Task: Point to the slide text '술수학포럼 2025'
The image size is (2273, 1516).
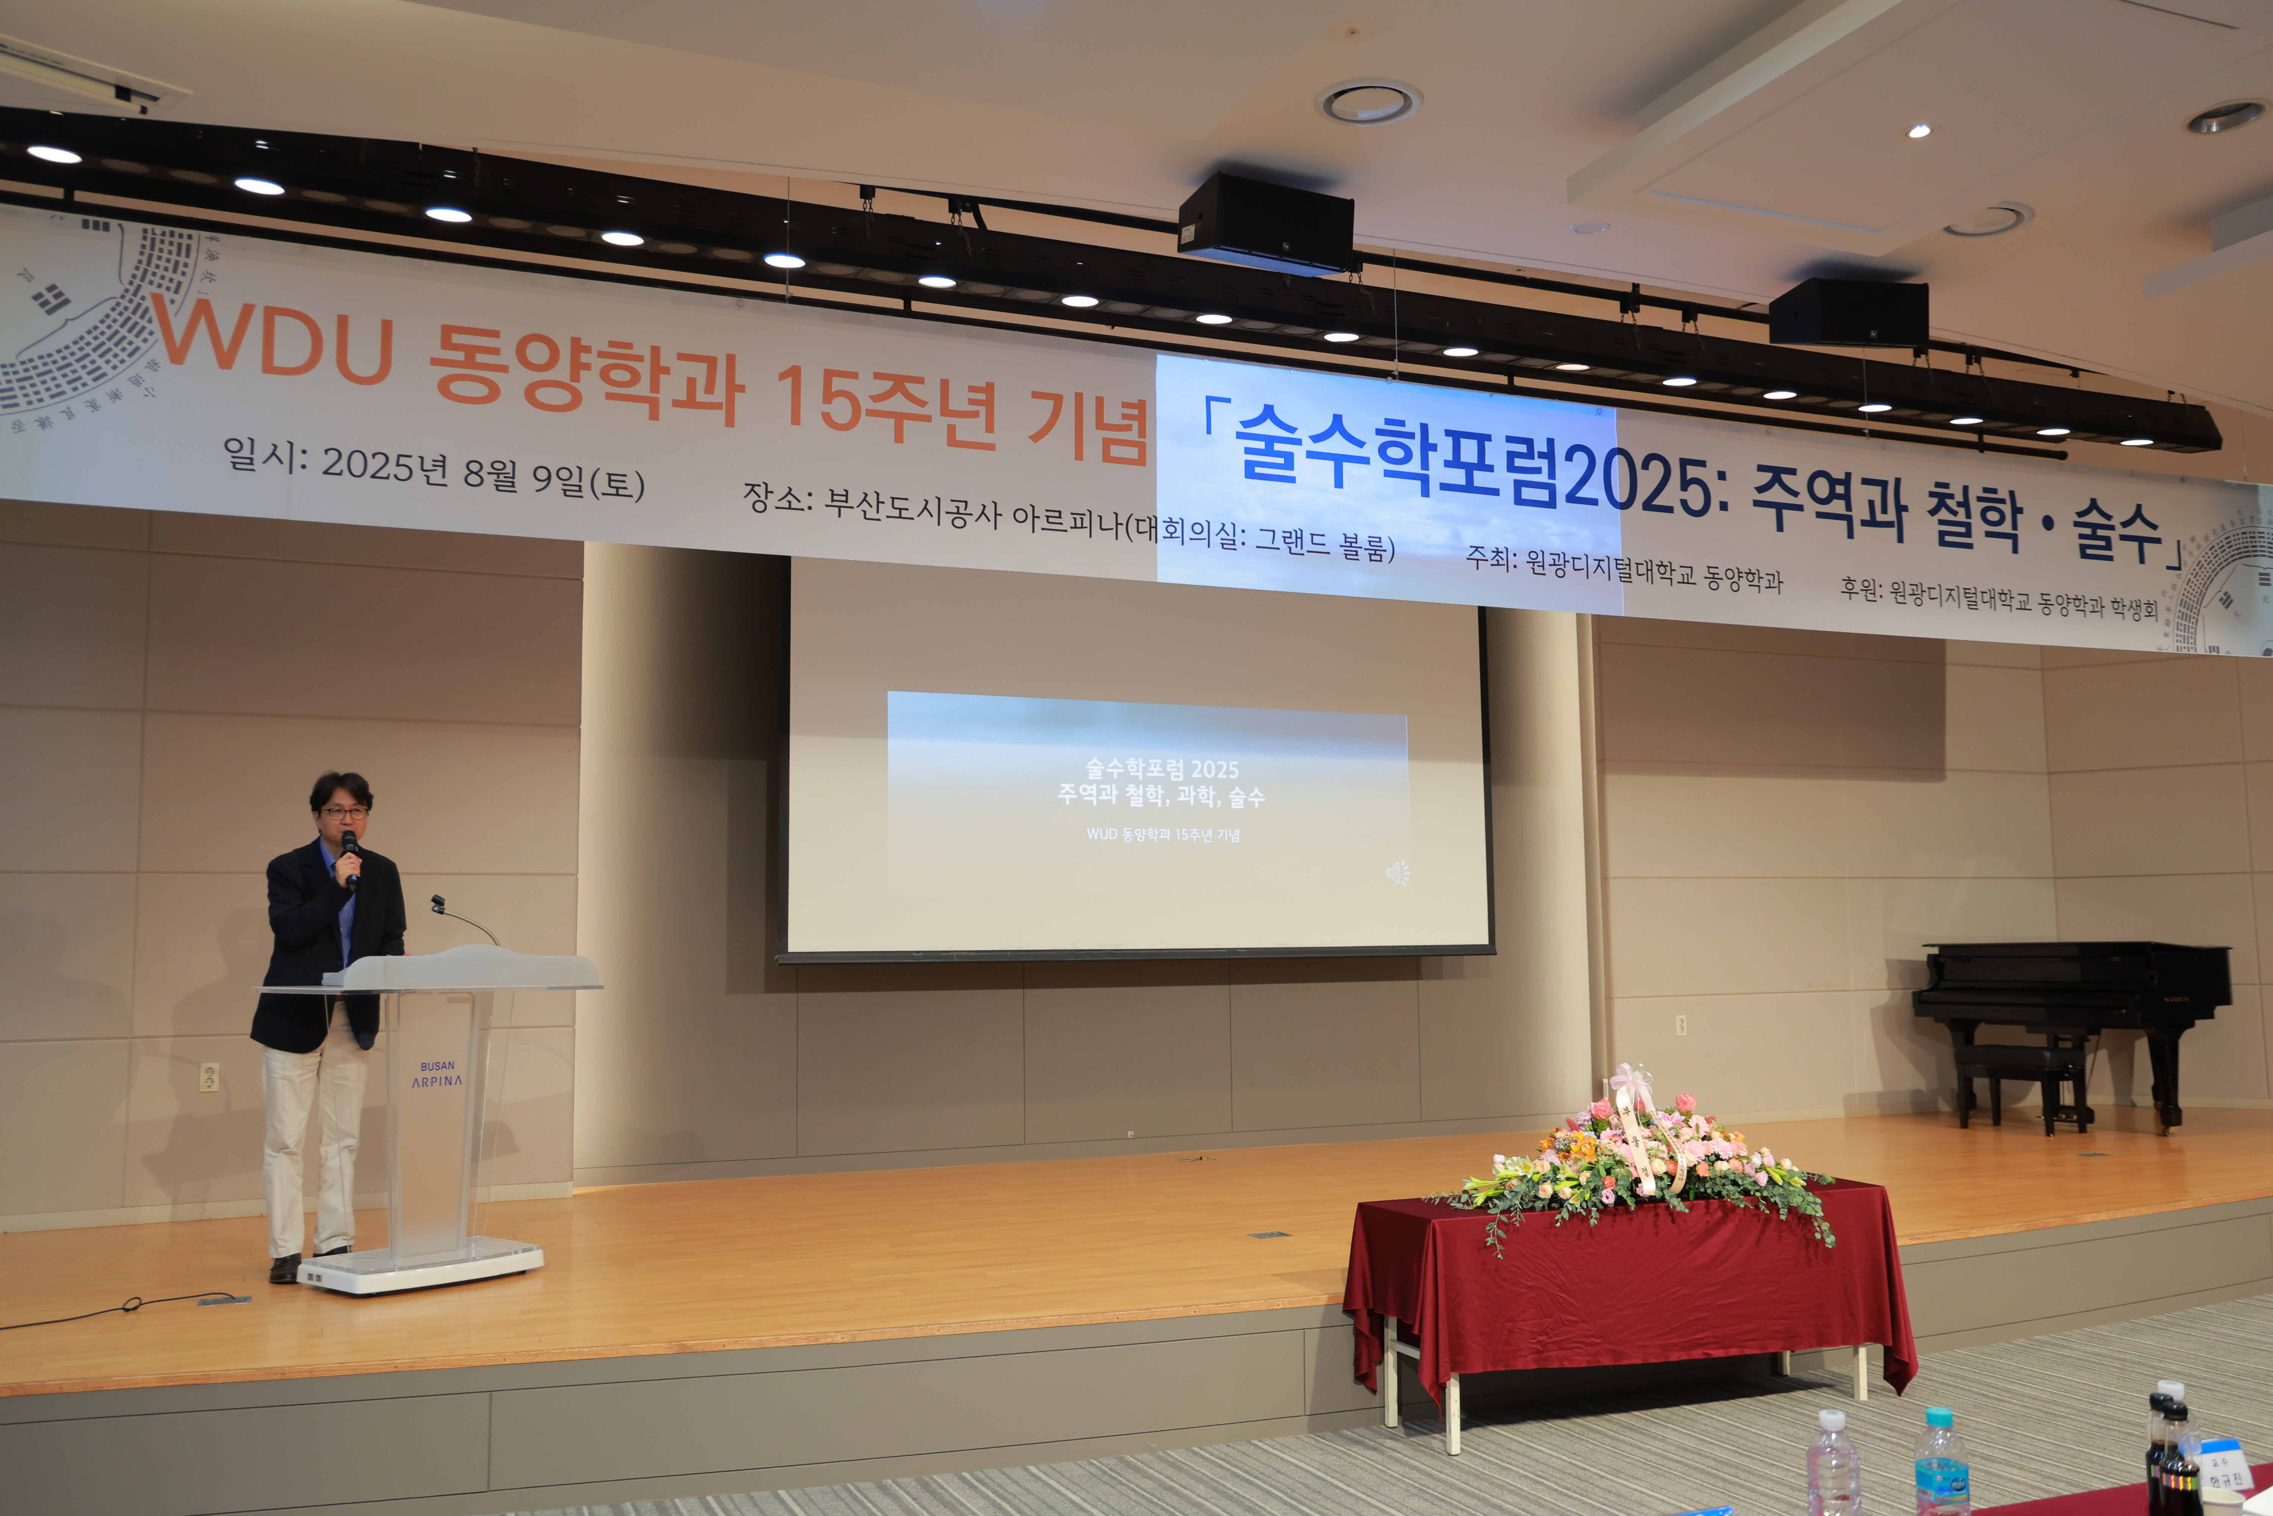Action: click(x=1162, y=769)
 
